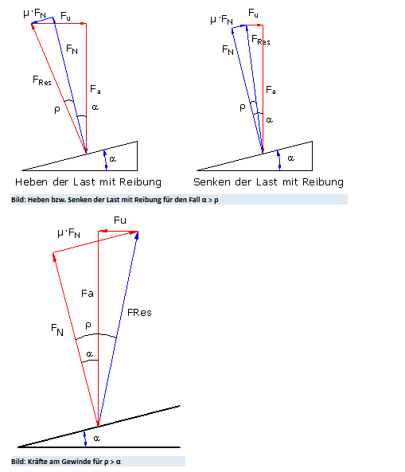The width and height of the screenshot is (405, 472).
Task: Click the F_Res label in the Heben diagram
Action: coord(42,80)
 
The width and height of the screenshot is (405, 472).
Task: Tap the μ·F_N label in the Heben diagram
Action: coord(34,14)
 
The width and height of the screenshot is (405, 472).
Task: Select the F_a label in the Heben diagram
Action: coord(95,89)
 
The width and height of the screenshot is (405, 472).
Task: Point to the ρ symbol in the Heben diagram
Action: coord(57,110)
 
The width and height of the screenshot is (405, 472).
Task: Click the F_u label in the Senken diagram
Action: coord(253,13)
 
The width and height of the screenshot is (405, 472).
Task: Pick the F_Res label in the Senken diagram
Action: coord(260,40)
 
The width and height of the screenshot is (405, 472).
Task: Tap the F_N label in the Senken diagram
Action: coord(228,49)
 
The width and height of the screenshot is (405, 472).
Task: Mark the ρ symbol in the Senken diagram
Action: coord(243,107)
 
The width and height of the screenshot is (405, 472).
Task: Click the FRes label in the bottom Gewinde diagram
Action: coord(139,313)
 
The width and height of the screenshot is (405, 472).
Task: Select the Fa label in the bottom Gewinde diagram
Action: coord(88,293)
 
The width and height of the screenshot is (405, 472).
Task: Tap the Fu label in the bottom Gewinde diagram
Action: coord(120,220)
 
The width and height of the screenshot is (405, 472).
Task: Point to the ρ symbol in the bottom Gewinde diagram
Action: coord(88,326)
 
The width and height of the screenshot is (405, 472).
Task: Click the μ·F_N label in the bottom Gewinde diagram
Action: coord(68,233)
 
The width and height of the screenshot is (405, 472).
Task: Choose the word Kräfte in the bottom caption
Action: coord(37,462)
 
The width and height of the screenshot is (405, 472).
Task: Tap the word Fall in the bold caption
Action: coord(194,200)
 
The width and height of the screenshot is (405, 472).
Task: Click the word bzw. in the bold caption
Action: coord(60,200)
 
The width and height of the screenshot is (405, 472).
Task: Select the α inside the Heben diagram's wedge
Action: coord(112,158)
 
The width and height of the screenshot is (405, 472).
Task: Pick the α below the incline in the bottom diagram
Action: coord(96,439)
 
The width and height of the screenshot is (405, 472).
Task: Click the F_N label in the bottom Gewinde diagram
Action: coord(57,330)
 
